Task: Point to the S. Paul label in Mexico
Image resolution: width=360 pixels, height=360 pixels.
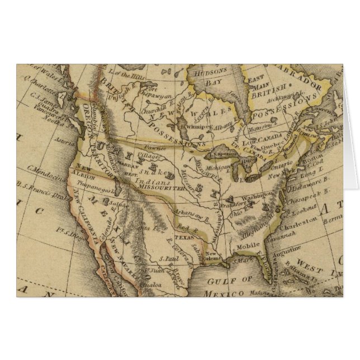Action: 169,259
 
